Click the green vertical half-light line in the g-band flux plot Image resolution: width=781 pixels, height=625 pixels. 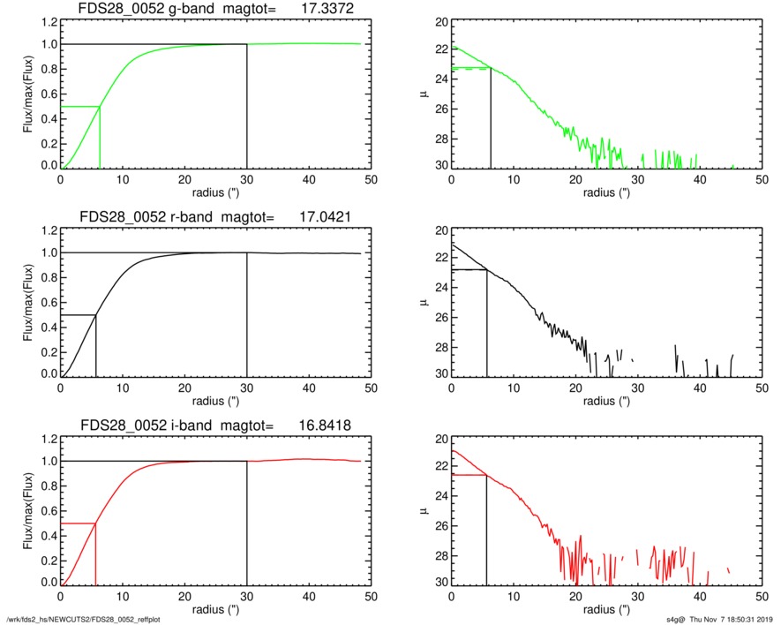[x=100, y=137]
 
